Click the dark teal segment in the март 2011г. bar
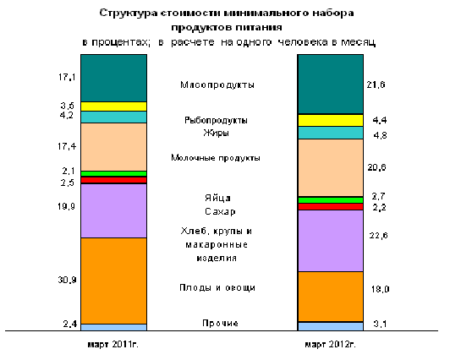click(x=113, y=78)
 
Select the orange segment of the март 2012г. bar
click(x=331, y=297)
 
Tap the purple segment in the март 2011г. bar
click(x=113, y=210)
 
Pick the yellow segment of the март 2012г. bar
click(x=331, y=120)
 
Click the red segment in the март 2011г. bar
click(x=113, y=180)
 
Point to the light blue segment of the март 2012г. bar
click(x=331, y=326)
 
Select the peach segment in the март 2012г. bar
click(x=331, y=167)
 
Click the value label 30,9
click(x=67, y=280)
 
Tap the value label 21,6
click(x=376, y=85)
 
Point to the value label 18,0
click(x=381, y=289)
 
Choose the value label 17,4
click(x=67, y=146)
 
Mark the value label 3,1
click(x=380, y=324)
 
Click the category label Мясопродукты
click(x=217, y=85)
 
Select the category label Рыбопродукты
click(x=216, y=120)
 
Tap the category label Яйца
click(x=217, y=198)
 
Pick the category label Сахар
click(x=220, y=211)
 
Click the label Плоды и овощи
click(x=217, y=287)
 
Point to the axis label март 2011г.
click(x=113, y=344)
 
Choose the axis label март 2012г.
click(x=331, y=344)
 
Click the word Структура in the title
click(x=129, y=14)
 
